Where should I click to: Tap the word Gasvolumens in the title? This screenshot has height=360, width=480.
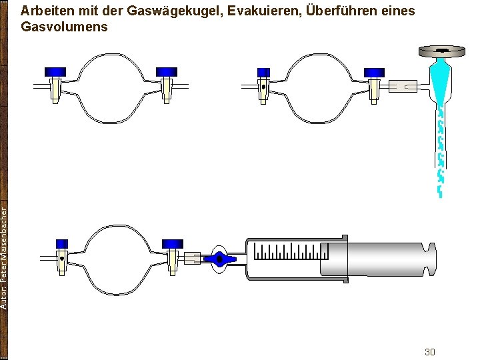point(64,28)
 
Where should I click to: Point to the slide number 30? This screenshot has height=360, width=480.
point(429,351)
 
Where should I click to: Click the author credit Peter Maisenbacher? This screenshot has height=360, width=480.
point(5,257)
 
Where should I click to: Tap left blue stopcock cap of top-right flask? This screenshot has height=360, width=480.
point(263,72)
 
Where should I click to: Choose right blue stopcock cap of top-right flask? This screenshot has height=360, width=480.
point(374,72)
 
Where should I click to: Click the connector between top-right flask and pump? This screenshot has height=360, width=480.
point(402,86)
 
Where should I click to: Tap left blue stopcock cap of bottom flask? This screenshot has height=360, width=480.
point(62,244)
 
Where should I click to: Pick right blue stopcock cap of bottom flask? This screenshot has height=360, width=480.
point(173,243)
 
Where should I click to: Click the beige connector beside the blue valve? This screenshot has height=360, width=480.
point(193,257)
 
